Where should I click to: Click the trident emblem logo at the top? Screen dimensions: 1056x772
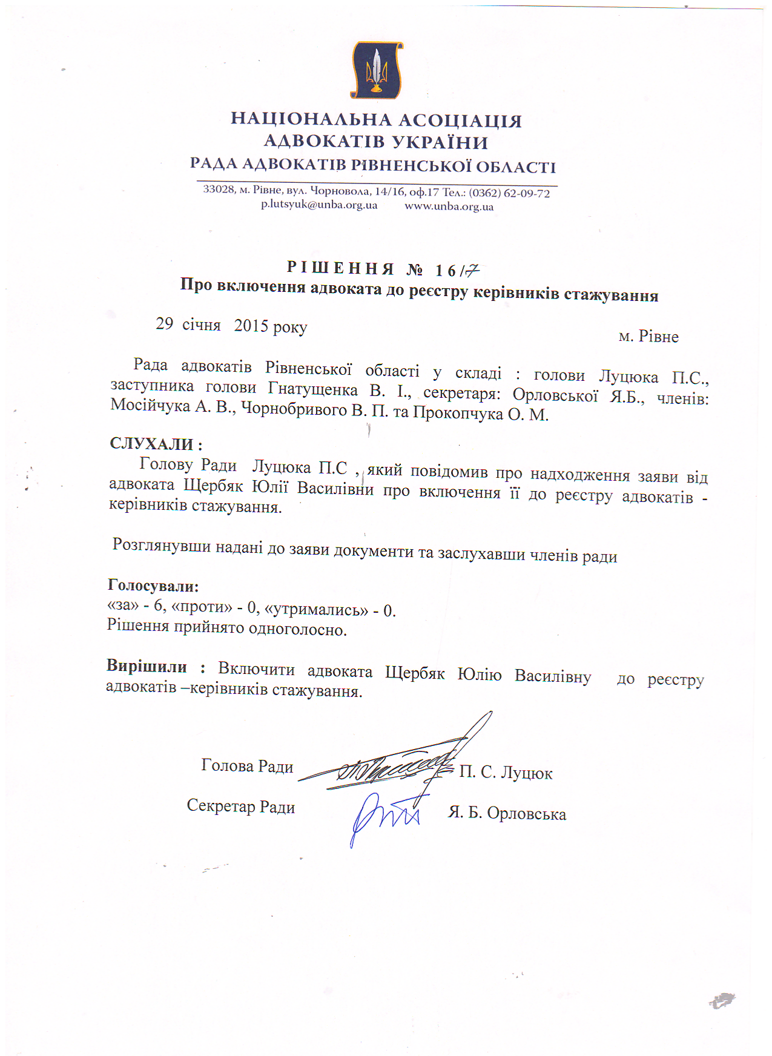[x=377, y=70]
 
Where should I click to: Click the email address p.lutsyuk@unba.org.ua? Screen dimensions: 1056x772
[x=319, y=205]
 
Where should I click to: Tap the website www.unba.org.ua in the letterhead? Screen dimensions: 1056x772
[x=449, y=206]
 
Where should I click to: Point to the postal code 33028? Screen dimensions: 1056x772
[x=218, y=189]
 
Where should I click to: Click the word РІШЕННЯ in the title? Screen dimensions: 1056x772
[x=340, y=268]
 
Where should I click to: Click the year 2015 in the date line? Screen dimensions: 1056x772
[x=251, y=326]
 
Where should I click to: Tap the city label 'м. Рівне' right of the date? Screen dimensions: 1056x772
[x=648, y=337]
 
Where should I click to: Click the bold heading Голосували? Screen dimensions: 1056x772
[x=153, y=586]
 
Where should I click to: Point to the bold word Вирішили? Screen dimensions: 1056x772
[x=147, y=666]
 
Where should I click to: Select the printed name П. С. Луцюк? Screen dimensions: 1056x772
[x=506, y=773]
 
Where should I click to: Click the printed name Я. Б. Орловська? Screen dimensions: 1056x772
[x=507, y=813]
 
